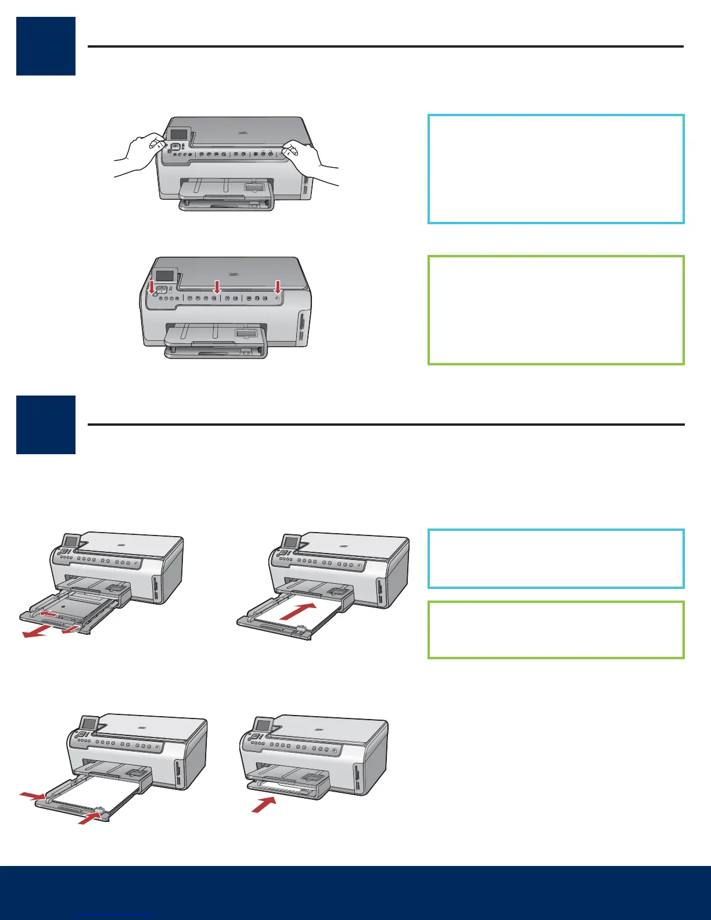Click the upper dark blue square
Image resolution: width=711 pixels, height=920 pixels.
click(x=46, y=46)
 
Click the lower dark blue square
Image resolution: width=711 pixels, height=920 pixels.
click(x=46, y=425)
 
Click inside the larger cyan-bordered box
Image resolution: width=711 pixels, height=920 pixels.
click(x=556, y=169)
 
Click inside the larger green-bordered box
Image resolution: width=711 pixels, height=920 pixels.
click(x=556, y=310)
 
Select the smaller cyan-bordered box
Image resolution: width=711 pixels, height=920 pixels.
click(x=556, y=559)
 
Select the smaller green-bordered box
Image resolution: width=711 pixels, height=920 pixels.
click(x=556, y=630)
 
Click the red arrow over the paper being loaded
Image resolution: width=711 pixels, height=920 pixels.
click(x=298, y=611)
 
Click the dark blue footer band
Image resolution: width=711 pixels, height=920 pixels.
click(x=355, y=893)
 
